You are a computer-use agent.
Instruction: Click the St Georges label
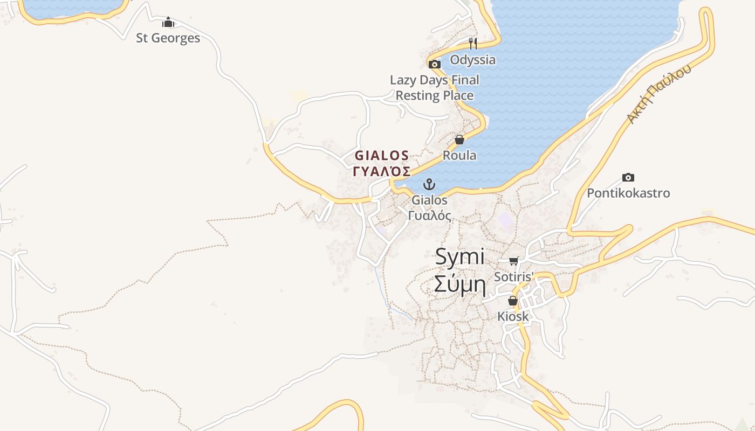[168, 38]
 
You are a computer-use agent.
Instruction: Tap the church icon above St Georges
[168, 23]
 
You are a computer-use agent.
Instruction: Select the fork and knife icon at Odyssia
[473, 43]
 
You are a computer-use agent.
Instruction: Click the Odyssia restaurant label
[472, 59]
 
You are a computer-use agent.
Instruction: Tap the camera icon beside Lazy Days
[435, 64]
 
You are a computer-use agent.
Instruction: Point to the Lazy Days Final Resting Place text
[435, 88]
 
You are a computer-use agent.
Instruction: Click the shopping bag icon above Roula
[459, 140]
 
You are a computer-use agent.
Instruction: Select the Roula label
[459, 155]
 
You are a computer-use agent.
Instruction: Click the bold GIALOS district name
[382, 156]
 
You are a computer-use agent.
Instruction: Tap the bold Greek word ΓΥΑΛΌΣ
[382, 171]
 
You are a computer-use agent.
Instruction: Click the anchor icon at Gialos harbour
[429, 184]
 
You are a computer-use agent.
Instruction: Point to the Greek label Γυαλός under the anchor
[429, 215]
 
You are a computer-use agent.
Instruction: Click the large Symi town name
[459, 256]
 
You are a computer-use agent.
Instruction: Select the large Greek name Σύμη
[459, 284]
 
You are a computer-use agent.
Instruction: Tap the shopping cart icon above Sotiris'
[513, 261]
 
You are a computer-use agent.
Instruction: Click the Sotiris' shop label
[513, 277]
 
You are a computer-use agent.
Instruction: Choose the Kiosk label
[513, 316]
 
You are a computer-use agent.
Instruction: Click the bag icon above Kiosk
[513, 301]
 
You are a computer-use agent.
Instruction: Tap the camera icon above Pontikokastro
[628, 177]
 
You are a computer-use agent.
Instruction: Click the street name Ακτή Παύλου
[658, 95]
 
